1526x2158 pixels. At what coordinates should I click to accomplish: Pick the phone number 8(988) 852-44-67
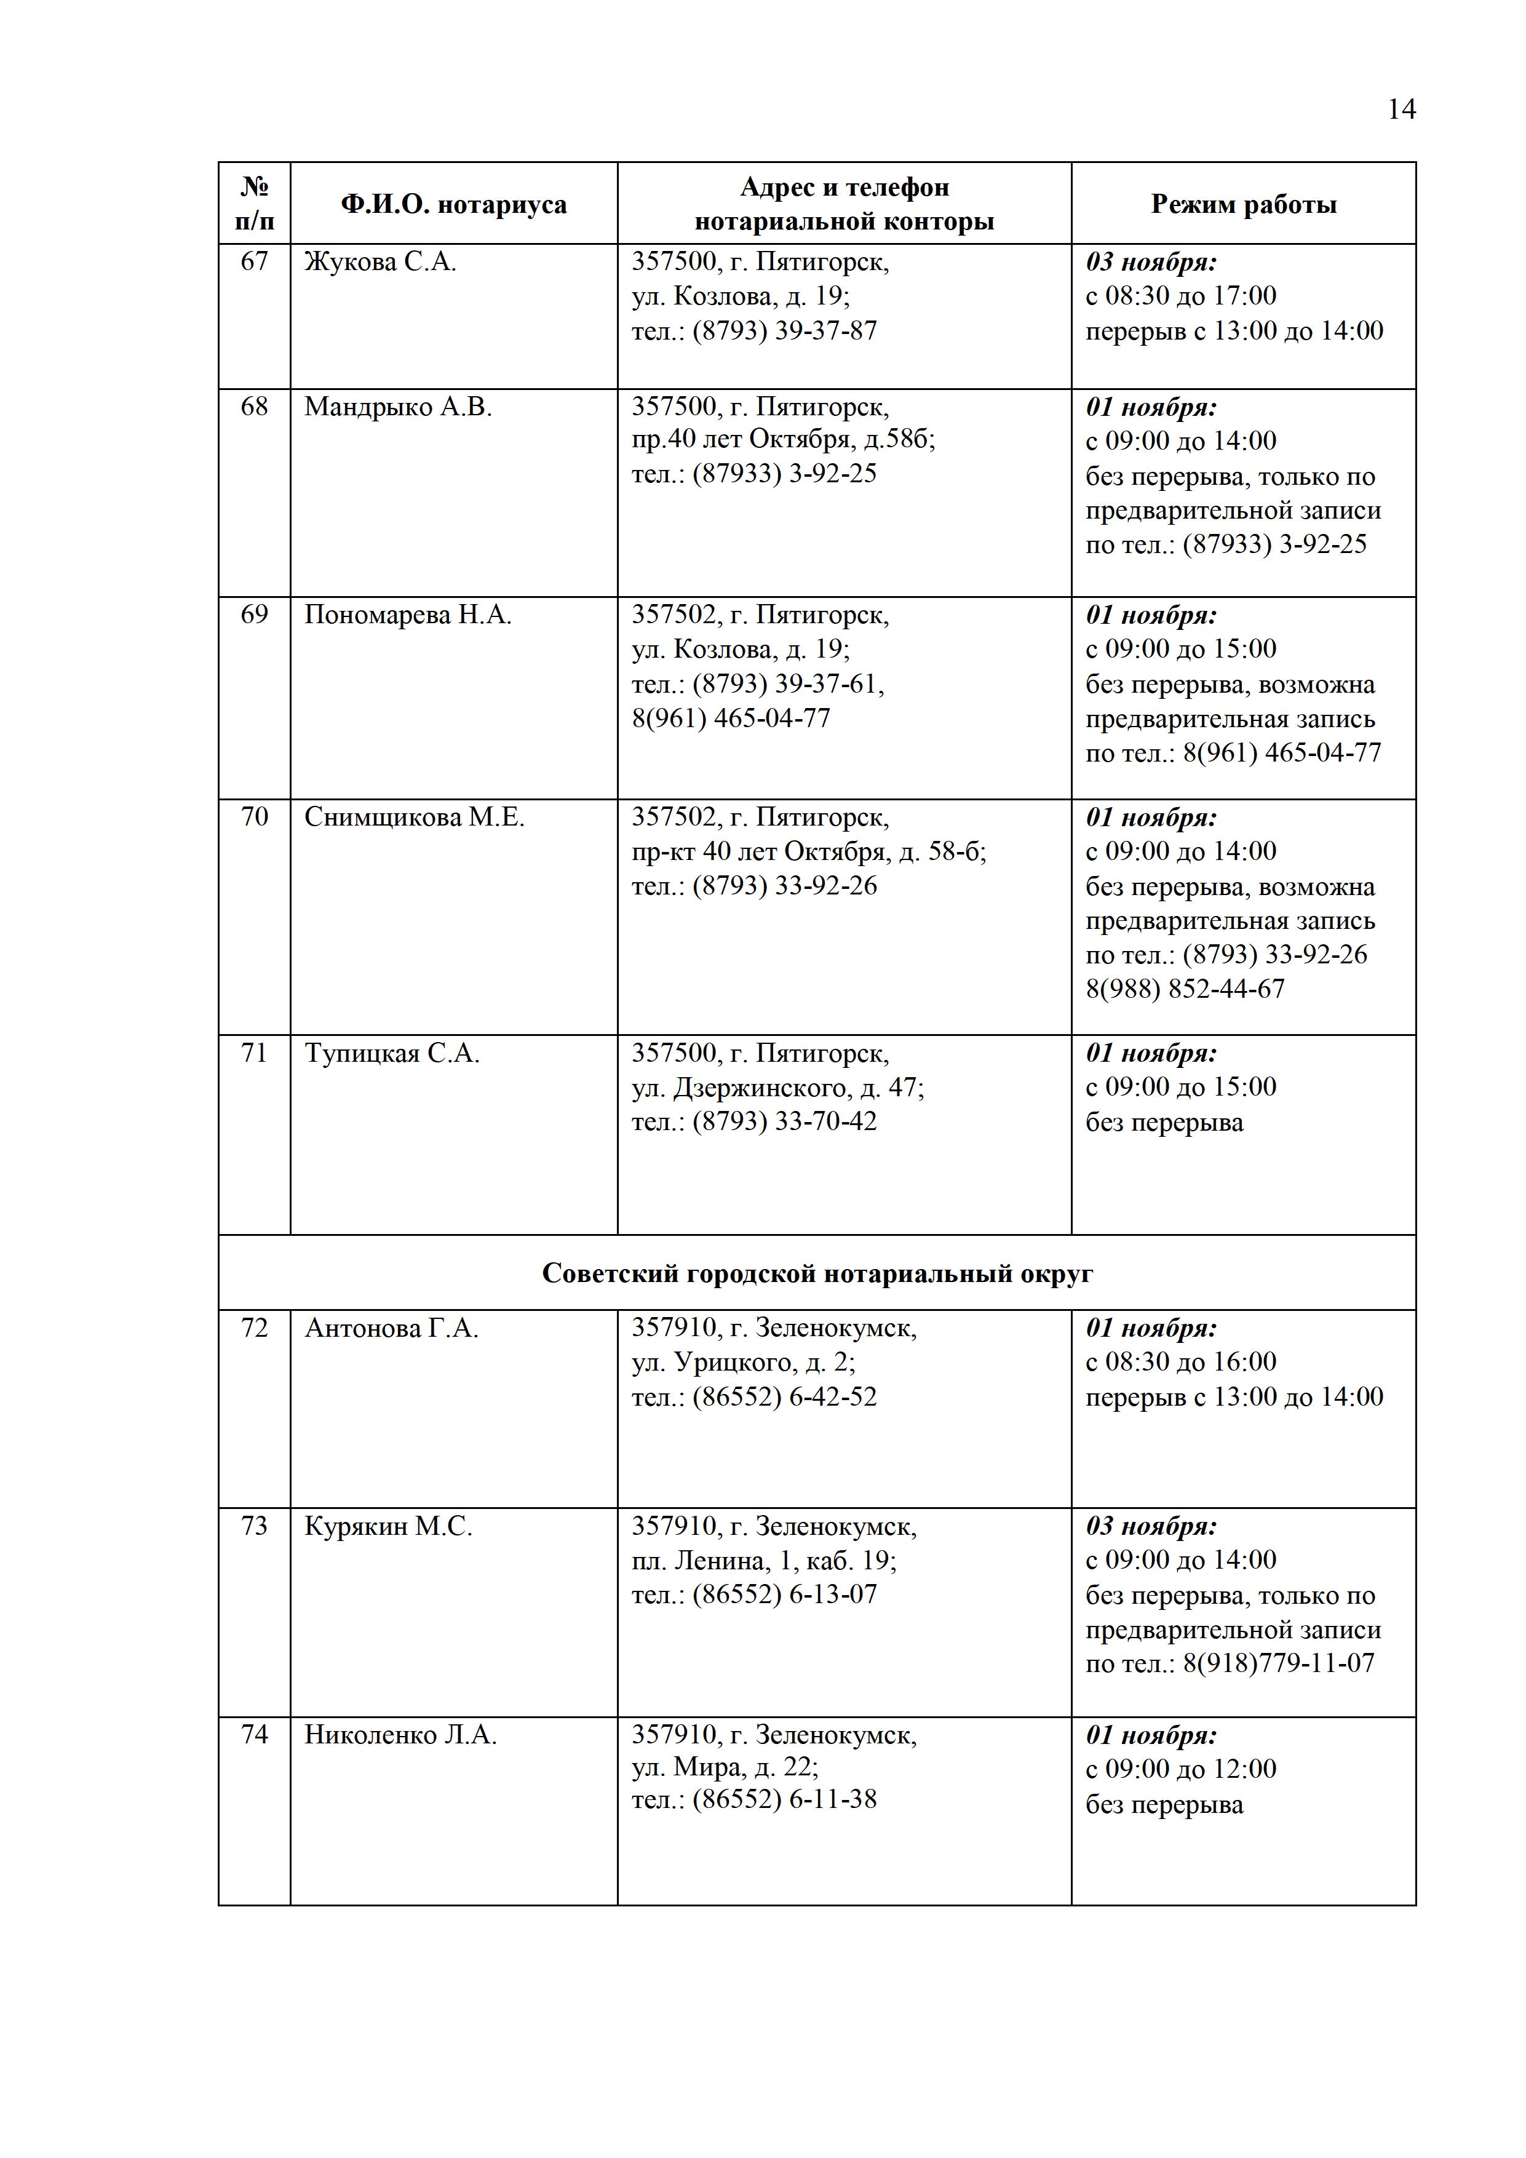click(x=1184, y=989)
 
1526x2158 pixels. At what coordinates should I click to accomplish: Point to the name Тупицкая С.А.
click(x=391, y=1054)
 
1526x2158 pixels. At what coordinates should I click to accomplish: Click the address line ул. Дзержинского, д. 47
click(x=777, y=1088)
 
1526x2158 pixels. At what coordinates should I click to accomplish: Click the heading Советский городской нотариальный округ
click(x=817, y=1273)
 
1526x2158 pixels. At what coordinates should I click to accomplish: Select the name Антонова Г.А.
click(x=391, y=1328)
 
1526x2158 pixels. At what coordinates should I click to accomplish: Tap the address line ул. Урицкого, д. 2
click(x=742, y=1363)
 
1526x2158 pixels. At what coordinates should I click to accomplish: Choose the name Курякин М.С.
click(x=388, y=1526)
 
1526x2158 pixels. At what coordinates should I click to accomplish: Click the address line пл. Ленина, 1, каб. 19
click(x=763, y=1561)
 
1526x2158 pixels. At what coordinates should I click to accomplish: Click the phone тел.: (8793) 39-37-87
click(x=753, y=331)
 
